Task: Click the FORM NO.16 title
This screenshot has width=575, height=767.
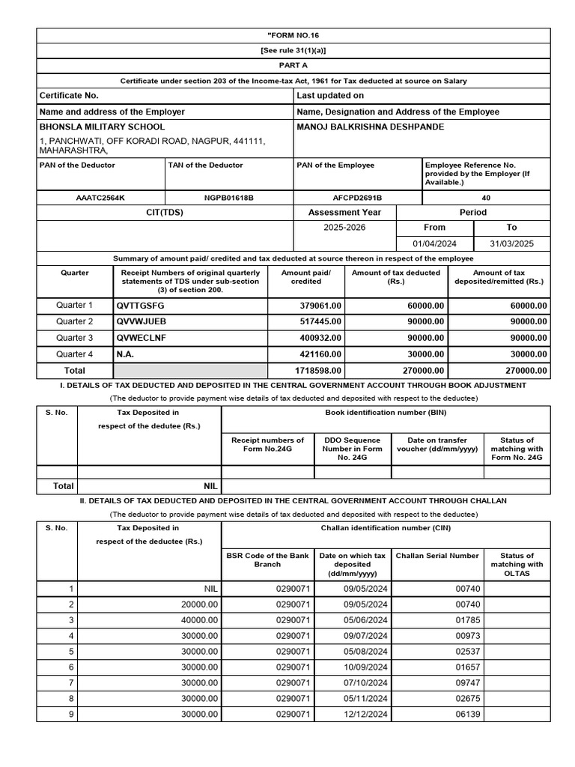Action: tap(293, 35)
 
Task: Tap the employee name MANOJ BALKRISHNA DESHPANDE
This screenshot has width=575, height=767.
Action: tap(370, 127)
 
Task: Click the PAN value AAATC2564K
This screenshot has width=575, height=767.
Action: tap(100, 198)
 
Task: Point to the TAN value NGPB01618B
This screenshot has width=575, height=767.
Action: tap(228, 198)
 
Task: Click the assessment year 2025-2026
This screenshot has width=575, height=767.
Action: tap(344, 227)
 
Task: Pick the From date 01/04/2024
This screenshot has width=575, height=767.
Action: tap(433, 244)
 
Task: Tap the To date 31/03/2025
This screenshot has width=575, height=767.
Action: tap(511, 244)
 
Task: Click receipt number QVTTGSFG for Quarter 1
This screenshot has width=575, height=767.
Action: tap(140, 306)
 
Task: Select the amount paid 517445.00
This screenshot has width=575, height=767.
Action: tap(320, 321)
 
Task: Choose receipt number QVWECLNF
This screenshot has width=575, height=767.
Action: tap(142, 338)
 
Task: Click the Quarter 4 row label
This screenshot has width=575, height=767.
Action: tap(75, 354)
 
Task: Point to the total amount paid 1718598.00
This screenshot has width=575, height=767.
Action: tap(317, 371)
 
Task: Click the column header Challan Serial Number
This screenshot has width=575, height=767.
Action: tap(436, 556)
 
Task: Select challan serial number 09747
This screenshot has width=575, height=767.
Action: tap(467, 683)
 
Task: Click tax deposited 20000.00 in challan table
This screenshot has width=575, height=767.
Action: tap(199, 604)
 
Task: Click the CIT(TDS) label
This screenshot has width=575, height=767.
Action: tap(165, 213)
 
